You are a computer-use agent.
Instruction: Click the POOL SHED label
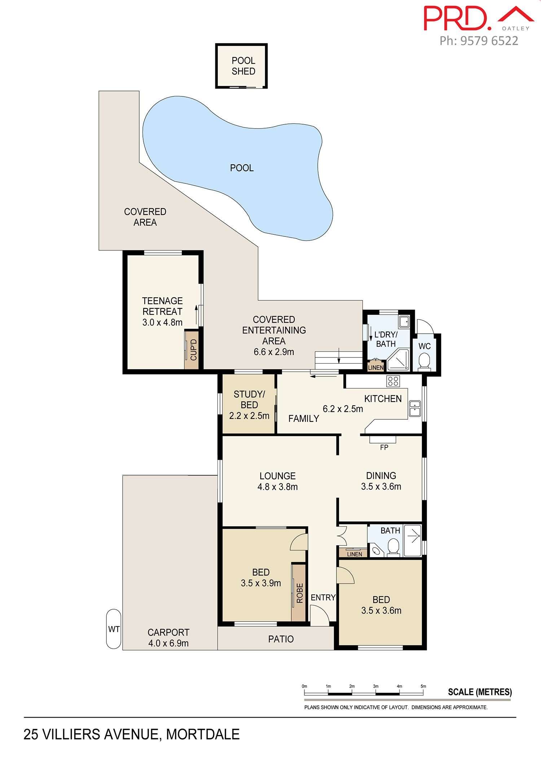coord(243,66)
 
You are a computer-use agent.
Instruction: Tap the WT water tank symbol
coord(114,629)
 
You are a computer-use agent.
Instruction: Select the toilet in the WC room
coord(424,362)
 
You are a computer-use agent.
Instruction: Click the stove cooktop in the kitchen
coord(393,381)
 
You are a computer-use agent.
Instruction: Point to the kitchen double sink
coord(414,408)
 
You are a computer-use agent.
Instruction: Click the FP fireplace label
coord(384,447)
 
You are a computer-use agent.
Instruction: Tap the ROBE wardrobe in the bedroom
coord(299,592)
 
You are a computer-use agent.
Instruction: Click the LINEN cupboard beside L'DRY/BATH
coord(375,367)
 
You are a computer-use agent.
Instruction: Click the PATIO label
coord(281,639)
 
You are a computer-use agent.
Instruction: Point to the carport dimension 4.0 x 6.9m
coord(168,643)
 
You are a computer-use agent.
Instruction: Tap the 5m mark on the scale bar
coord(423,686)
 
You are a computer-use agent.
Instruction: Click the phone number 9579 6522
coord(489,41)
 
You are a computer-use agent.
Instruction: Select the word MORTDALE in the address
coord(203,734)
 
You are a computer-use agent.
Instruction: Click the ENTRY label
coord(323,597)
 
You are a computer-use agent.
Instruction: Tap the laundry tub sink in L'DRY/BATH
coord(404,321)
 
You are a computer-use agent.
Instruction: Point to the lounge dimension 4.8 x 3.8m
coord(277,486)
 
